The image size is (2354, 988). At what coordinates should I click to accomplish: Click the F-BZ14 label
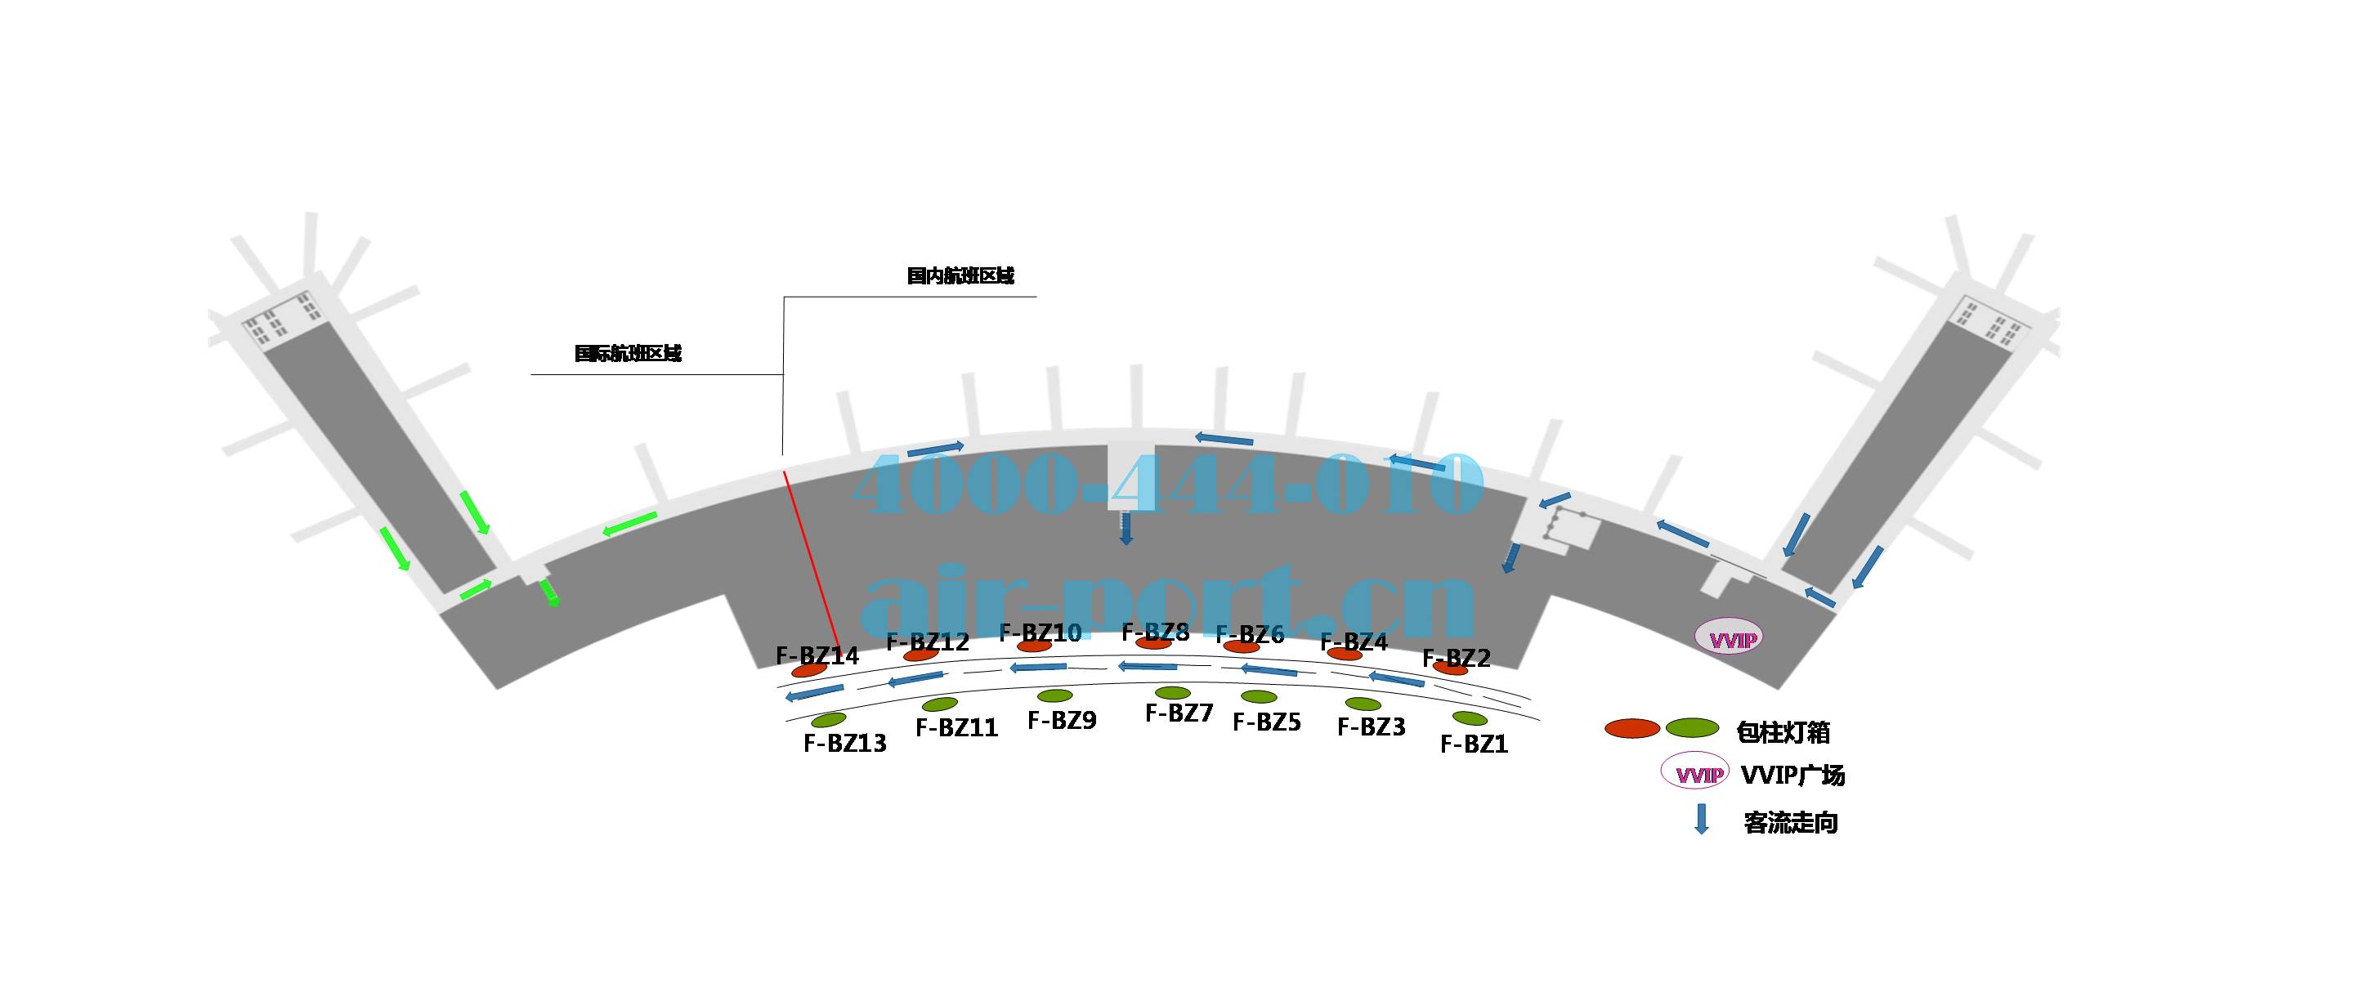[817, 655]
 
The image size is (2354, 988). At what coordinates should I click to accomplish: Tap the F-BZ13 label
[844, 743]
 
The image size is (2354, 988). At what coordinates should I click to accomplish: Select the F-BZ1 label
[1473, 744]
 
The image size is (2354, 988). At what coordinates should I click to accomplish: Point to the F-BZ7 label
[1179, 713]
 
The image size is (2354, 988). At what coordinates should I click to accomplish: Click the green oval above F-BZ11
[939, 704]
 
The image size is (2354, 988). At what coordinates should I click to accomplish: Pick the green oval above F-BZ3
[1363, 704]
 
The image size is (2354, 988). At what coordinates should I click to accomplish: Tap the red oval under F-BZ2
[1450, 669]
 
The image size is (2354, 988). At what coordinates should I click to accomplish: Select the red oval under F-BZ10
[1033, 646]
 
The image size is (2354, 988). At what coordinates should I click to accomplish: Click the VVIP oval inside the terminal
[1728, 638]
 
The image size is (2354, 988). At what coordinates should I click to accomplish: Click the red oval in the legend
[1632, 728]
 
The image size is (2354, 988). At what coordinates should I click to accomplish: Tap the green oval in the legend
[1693, 728]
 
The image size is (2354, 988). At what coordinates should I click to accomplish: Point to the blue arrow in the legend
[1702, 818]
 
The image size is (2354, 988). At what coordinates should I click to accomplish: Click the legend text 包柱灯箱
[1783, 732]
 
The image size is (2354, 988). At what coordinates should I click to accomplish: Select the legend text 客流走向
[1790, 823]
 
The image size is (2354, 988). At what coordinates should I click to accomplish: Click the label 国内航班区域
[960, 276]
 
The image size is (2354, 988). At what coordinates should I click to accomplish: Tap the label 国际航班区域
[628, 354]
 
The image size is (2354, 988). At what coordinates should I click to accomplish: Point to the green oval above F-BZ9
[1054, 696]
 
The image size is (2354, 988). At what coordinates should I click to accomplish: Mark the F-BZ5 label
[1267, 722]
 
